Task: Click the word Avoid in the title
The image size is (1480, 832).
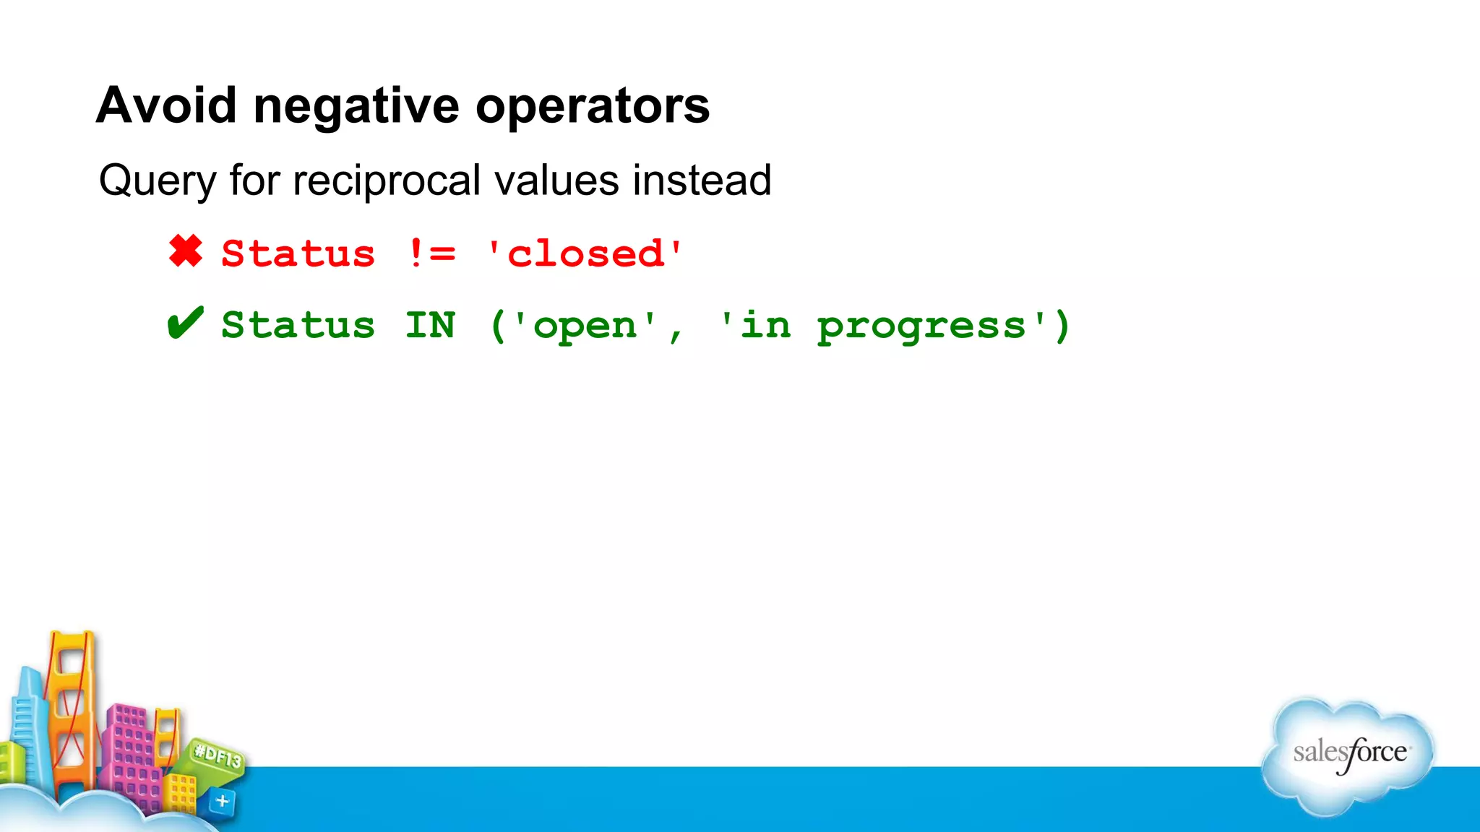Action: [x=166, y=105]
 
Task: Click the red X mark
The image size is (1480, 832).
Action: [x=186, y=251]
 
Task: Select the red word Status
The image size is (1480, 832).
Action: [x=298, y=253]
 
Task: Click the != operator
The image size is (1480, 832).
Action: [x=431, y=253]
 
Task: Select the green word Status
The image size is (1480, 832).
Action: [x=298, y=325]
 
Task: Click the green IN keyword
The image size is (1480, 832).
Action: [x=430, y=325]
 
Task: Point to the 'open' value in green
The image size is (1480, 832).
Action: [x=585, y=326]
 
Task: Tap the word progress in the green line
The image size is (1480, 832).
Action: [x=921, y=326]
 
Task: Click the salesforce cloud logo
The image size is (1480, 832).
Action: [x=1348, y=754]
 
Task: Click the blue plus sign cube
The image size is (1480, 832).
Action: [x=222, y=801]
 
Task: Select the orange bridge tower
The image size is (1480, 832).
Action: [x=71, y=708]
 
